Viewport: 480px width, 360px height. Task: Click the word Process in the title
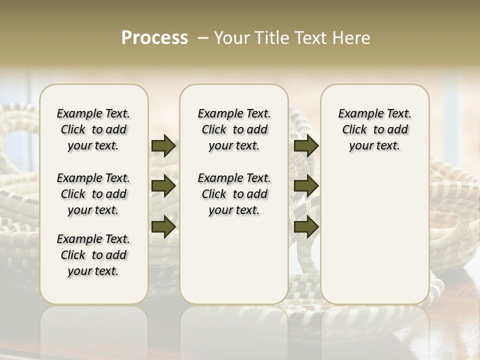tap(154, 38)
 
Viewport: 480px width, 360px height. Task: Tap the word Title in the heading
tap(269, 38)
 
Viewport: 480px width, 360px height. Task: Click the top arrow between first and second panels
tap(163, 146)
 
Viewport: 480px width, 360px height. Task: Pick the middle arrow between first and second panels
tap(163, 186)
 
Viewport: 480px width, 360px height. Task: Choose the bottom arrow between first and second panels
tap(163, 226)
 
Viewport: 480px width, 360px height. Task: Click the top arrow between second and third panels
tap(306, 146)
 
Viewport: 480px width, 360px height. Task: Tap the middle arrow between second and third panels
tap(306, 186)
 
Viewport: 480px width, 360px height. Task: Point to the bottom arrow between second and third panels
tap(306, 226)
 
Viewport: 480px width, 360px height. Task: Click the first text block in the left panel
tap(93, 129)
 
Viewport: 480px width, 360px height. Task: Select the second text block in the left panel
tap(93, 194)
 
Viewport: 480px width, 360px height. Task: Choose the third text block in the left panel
tap(93, 255)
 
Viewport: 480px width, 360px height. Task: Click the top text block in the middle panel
tap(234, 129)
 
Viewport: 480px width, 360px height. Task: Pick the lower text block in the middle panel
tap(234, 194)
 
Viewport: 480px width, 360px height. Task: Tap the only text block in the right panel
tap(374, 129)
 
